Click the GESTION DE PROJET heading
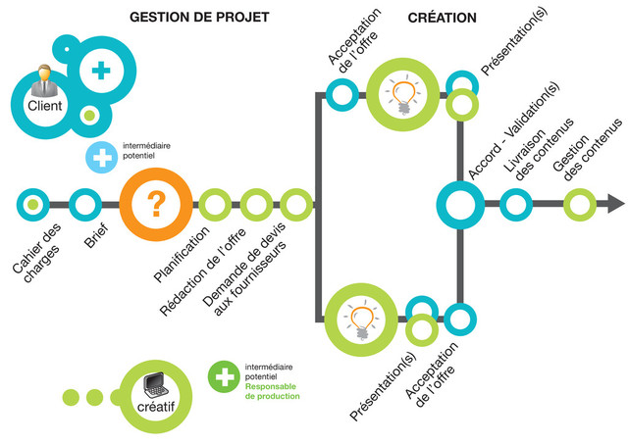[199, 18]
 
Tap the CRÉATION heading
[442, 18]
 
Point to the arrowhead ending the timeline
[614, 204]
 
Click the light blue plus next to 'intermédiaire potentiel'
[100, 155]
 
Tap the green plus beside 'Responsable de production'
[223, 375]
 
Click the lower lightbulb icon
[359, 319]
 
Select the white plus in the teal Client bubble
[100, 70]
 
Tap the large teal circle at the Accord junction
[460, 204]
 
